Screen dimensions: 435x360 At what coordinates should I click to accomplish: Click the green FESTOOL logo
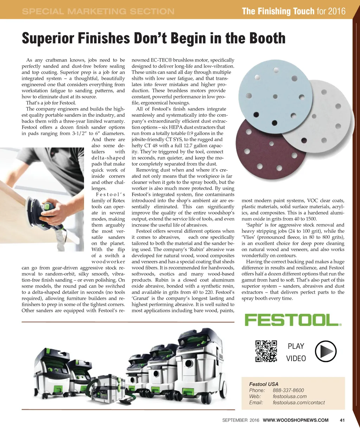[293, 320]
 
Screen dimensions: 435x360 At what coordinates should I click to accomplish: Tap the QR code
[266, 351]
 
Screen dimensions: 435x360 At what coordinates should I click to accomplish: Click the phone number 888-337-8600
[288, 390]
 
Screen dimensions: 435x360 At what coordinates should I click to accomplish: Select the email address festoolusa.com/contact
[298, 403]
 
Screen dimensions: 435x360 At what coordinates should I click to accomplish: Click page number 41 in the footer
[342, 420]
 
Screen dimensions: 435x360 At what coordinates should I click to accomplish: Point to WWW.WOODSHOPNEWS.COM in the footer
[296, 420]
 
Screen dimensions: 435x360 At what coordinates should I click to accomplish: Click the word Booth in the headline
[267, 38]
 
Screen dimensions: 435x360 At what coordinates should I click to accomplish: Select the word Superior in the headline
[47, 38]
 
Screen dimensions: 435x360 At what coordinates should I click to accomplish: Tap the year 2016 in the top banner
[337, 11]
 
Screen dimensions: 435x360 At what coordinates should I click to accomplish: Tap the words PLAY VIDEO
[296, 352]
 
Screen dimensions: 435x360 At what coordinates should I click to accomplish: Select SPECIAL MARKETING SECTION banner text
[98, 11]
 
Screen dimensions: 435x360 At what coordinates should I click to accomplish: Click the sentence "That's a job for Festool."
[51, 103]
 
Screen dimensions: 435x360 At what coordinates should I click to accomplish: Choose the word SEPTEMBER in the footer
[234, 420]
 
